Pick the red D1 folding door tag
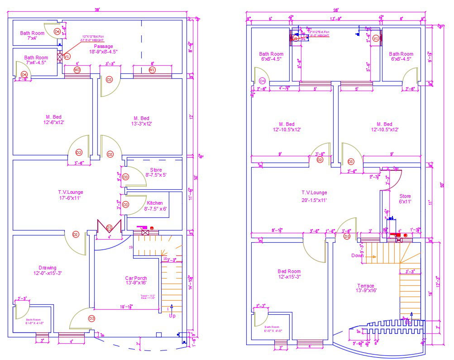click(109, 227)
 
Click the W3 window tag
click(77, 70)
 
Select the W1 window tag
click(152, 70)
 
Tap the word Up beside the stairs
click(172, 316)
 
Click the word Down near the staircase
click(357, 255)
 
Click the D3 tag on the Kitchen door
click(126, 205)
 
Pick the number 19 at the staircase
click(131, 247)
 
